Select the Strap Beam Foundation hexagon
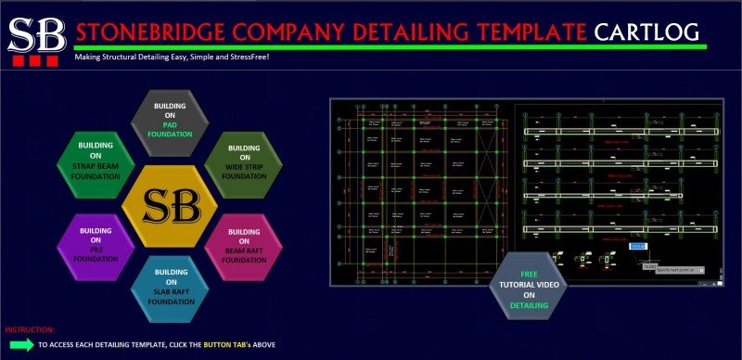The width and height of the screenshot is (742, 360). point(96,160)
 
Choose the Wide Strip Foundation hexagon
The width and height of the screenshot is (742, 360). point(244,161)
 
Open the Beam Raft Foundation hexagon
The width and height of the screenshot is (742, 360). point(244,244)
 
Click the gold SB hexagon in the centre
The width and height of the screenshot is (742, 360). point(170,202)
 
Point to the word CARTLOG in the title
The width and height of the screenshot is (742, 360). point(647,32)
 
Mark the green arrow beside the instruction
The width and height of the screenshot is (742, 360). point(19,345)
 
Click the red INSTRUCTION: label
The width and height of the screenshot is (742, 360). point(30,329)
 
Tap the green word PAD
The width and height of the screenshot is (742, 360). point(169,124)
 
